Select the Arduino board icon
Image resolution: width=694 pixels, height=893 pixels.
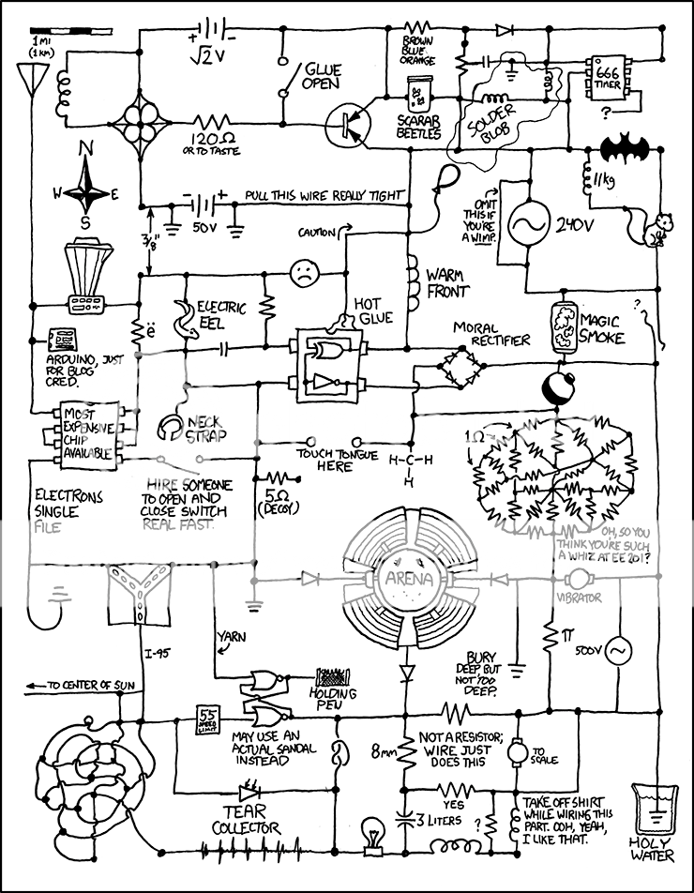click(64, 339)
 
